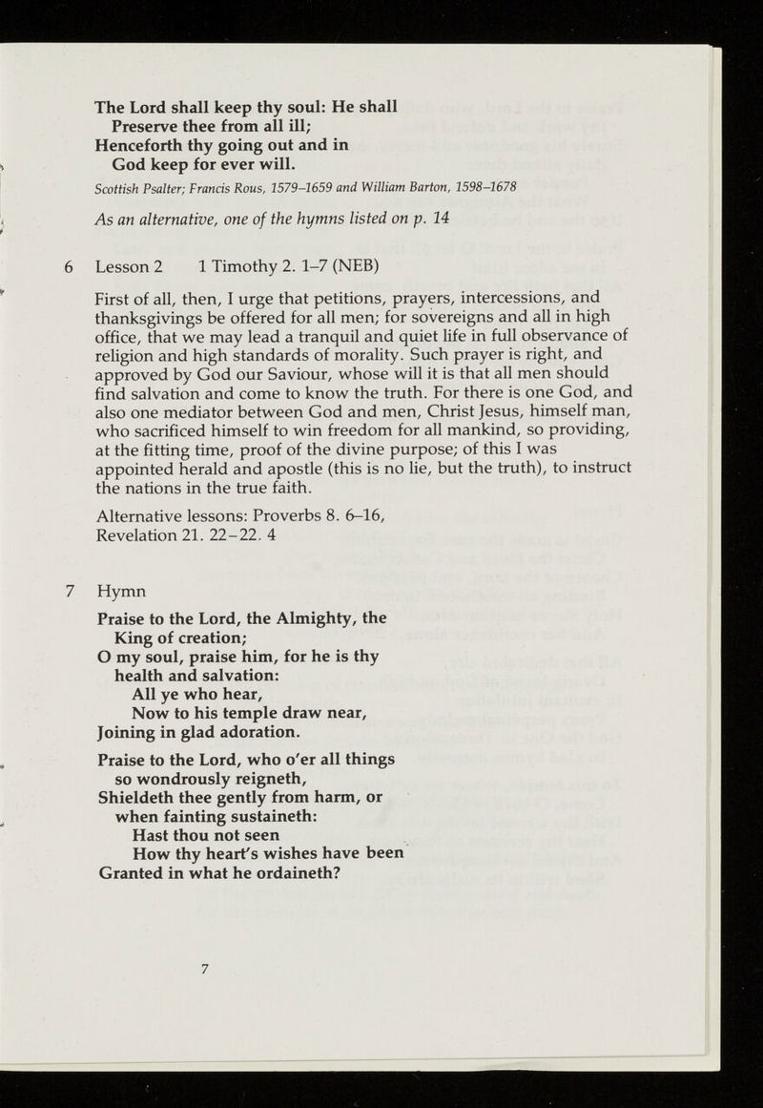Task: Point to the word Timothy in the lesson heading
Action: point(245,270)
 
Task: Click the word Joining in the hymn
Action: point(130,733)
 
